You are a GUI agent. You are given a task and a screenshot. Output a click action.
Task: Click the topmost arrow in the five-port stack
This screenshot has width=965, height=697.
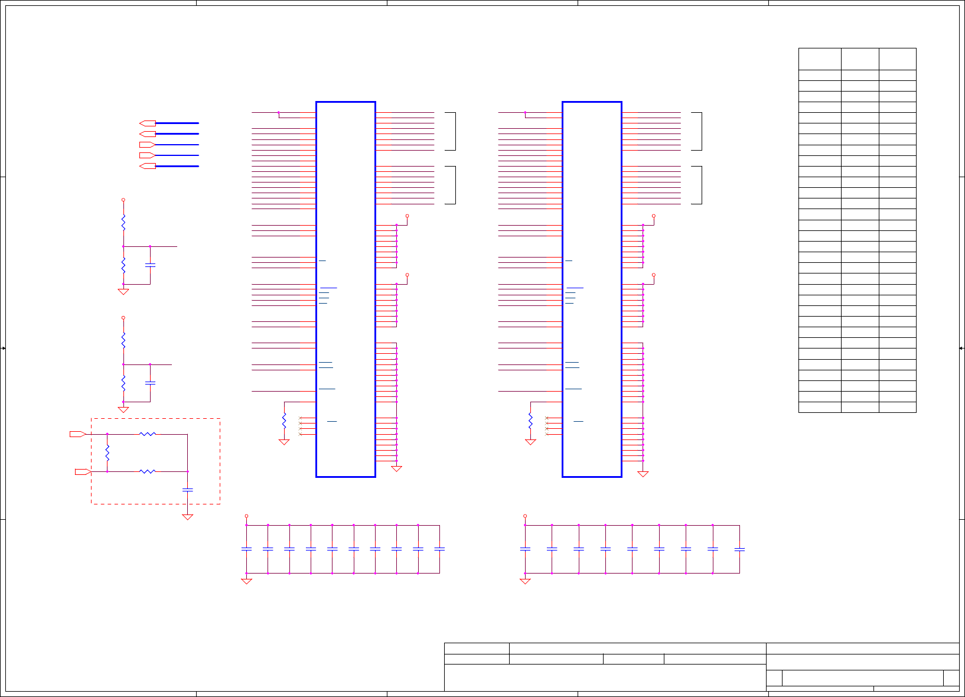tap(148, 123)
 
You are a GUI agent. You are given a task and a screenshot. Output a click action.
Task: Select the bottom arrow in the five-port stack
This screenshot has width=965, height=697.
tap(148, 166)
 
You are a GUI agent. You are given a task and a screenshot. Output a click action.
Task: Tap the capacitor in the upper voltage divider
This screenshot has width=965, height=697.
tap(150, 265)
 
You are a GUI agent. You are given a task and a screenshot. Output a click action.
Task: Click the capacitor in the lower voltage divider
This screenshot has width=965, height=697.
tap(150, 383)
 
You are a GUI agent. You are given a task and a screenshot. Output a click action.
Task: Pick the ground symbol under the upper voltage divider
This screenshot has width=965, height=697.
tap(123, 291)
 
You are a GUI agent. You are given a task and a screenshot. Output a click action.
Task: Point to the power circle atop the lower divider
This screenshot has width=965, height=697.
tap(123, 318)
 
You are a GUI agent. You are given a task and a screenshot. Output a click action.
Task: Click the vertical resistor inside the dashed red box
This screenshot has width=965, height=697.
tap(107, 453)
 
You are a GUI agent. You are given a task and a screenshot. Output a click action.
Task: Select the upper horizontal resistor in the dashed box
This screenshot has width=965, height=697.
tap(148, 434)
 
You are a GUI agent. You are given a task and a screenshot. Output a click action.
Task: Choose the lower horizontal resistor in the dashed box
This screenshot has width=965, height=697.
tap(148, 471)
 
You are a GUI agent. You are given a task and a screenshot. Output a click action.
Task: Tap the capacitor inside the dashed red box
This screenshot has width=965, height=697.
tap(188, 490)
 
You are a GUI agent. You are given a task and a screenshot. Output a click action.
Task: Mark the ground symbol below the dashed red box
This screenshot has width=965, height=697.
tap(188, 517)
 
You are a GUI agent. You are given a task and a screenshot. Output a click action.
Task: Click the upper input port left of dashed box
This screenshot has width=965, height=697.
tap(78, 434)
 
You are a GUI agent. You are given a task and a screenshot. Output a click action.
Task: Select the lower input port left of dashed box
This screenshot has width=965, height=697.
tap(83, 471)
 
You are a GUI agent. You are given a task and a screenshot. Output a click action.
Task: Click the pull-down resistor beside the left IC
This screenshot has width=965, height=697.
tap(284, 421)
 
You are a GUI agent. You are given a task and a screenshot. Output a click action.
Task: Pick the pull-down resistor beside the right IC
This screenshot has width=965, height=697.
tap(530, 421)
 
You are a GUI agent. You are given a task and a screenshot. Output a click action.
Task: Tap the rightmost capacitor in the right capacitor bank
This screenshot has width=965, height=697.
tap(739, 549)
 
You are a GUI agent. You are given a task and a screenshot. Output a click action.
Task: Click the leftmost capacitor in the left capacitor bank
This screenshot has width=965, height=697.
tap(247, 549)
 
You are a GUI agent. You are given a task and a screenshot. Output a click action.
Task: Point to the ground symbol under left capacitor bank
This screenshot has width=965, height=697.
tap(247, 581)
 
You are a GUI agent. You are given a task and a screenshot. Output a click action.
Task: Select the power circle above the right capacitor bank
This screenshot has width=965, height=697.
tap(525, 516)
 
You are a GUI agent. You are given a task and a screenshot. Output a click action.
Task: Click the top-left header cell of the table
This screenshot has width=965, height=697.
tap(820, 59)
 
